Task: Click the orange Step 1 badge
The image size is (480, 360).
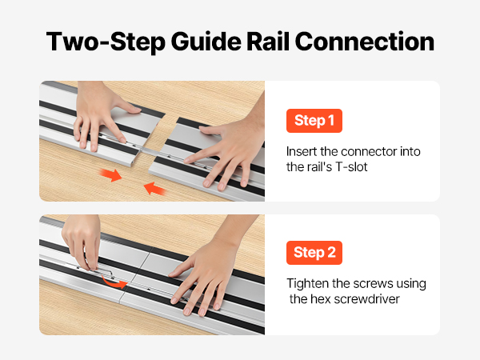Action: click(x=314, y=121)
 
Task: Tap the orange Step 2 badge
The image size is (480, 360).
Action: click(x=314, y=253)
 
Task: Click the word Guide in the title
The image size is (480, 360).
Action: click(x=206, y=42)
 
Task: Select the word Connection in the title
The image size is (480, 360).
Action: click(x=365, y=42)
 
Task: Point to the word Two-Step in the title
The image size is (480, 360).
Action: click(x=106, y=42)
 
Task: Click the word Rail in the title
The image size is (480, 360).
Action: click(x=268, y=42)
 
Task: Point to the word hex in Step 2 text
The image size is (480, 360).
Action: click(x=321, y=298)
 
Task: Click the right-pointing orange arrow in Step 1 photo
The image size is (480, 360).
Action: click(x=111, y=175)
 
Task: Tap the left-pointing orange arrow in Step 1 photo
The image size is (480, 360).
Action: click(x=154, y=189)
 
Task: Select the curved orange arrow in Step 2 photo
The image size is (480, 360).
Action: click(x=114, y=282)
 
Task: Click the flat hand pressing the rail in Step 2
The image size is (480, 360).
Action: click(x=208, y=273)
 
